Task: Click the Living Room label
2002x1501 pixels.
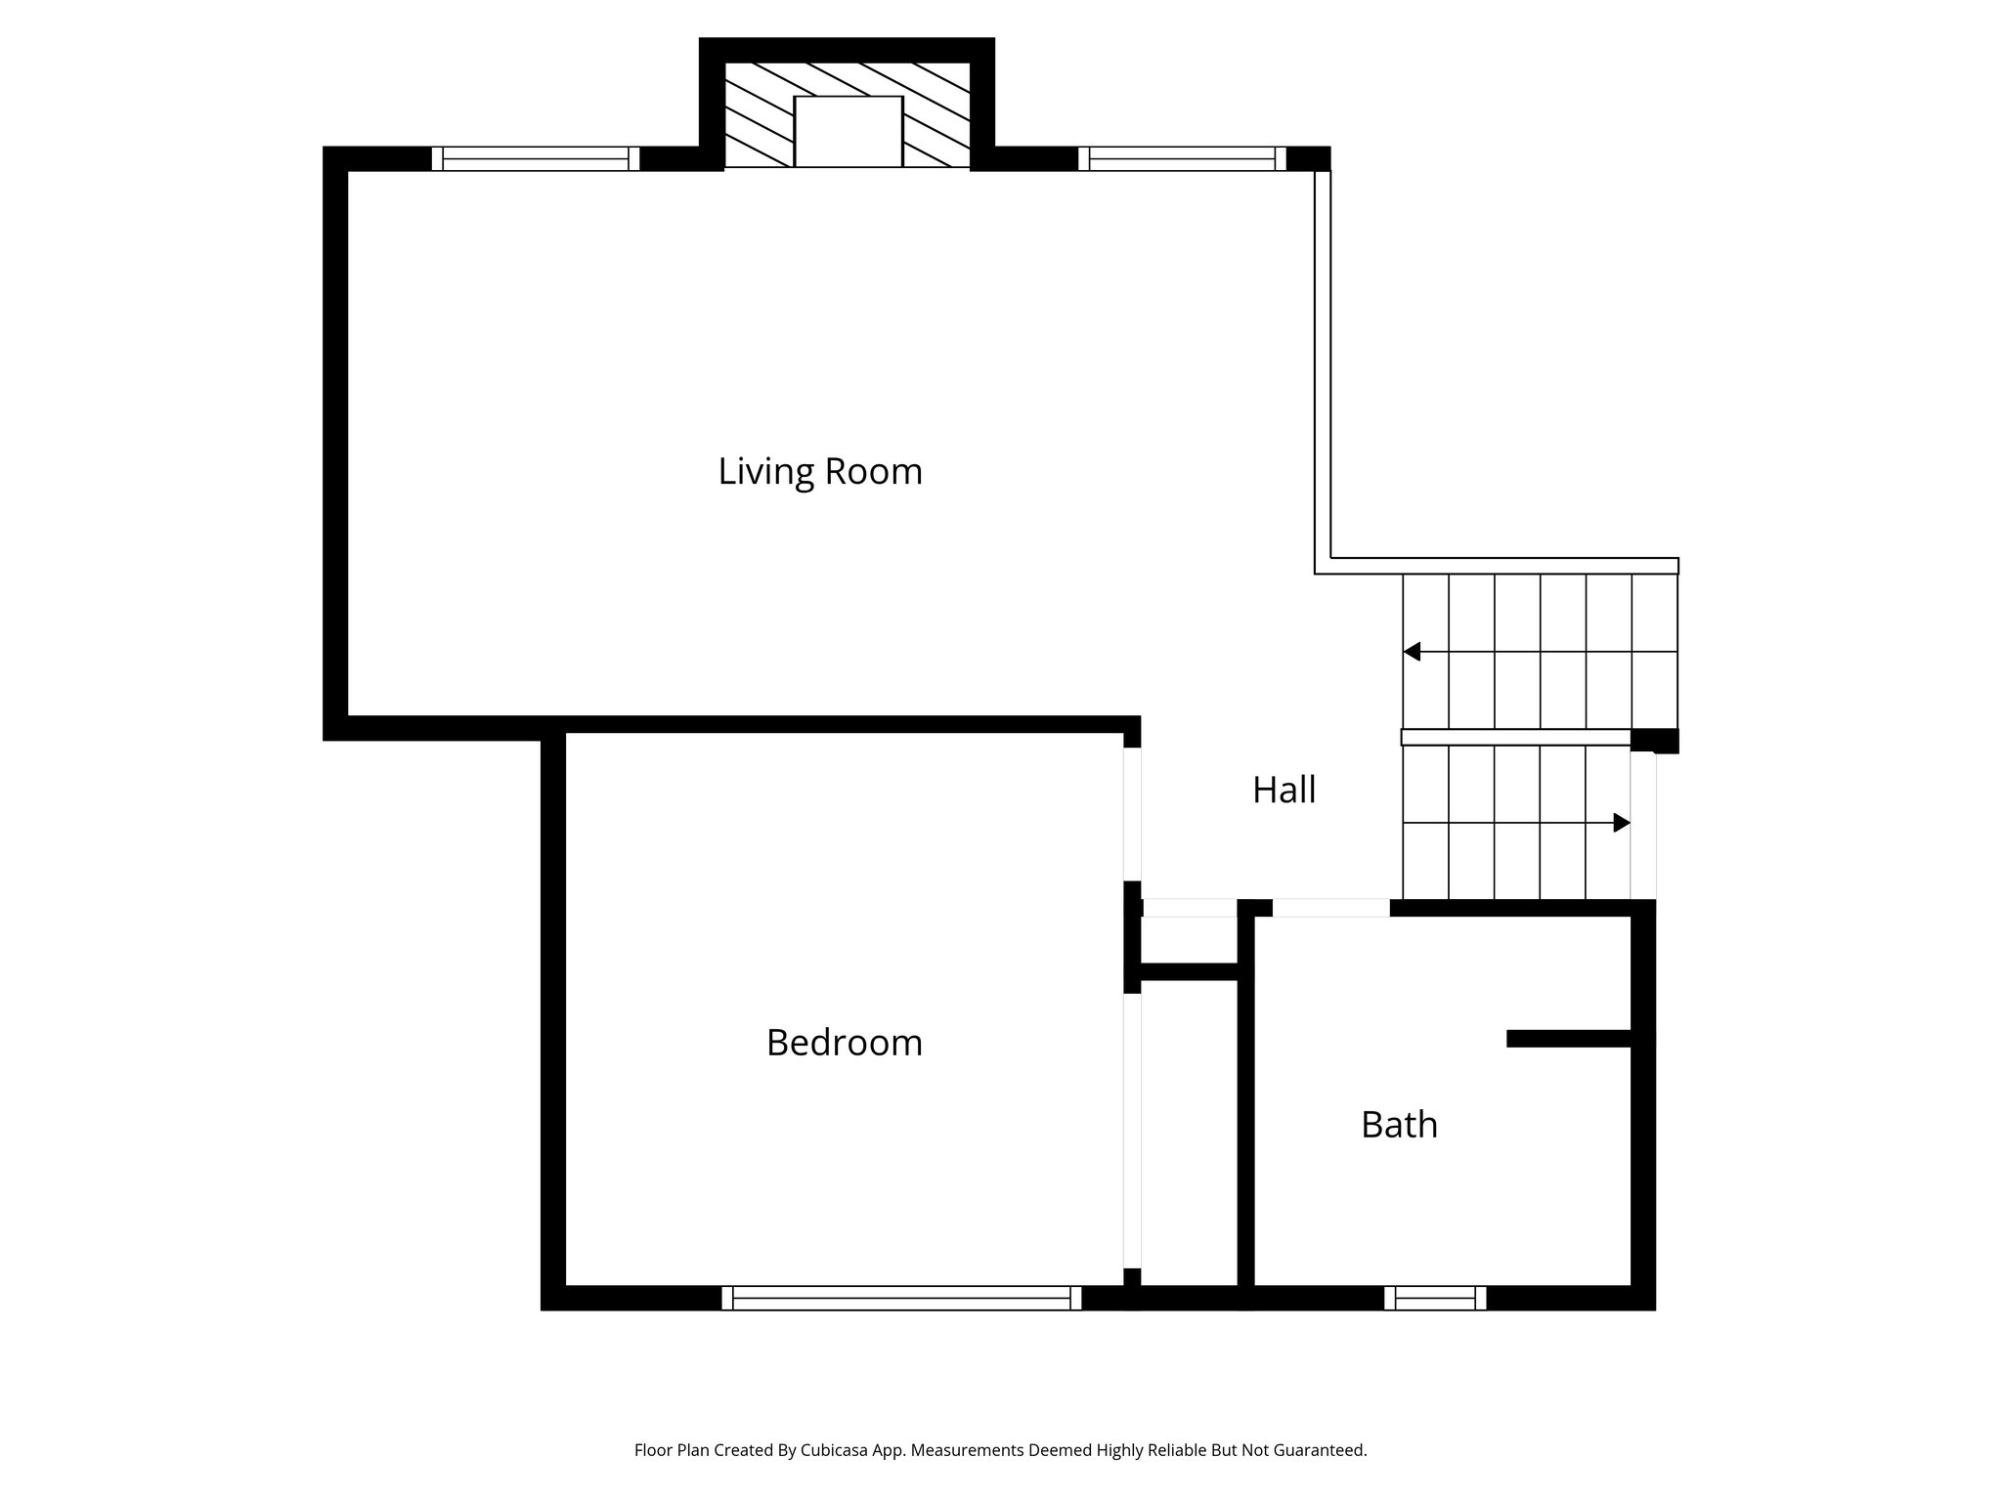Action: click(x=820, y=472)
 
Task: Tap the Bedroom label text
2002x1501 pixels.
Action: click(x=844, y=1043)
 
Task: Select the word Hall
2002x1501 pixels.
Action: click(x=1284, y=790)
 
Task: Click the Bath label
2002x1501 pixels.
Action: click(x=1399, y=1125)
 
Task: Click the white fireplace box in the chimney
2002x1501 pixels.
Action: click(x=848, y=131)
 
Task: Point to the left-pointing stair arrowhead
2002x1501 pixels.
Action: click(x=1412, y=652)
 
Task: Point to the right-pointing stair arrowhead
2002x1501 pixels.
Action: click(x=1621, y=823)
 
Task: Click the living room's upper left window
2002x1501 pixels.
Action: click(x=535, y=158)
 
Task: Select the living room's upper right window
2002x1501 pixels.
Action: click(x=1182, y=158)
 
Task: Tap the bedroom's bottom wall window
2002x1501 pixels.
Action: click(x=901, y=1298)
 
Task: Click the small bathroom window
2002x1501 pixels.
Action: click(x=1435, y=1298)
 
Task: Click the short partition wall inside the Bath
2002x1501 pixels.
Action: click(x=1569, y=1039)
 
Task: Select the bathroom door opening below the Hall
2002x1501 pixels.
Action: click(x=1330, y=908)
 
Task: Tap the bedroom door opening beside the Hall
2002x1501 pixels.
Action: click(x=1132, y=814)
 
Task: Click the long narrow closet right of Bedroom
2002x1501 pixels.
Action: click(x=1190, y=1134)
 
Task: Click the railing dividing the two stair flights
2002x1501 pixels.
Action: click(x=1515, y=737)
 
